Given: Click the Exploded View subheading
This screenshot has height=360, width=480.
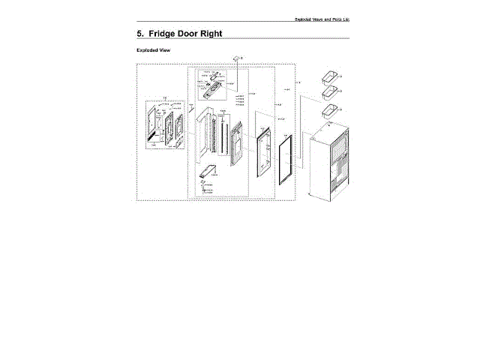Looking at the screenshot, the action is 154,51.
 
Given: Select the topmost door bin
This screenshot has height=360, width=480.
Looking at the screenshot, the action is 328,77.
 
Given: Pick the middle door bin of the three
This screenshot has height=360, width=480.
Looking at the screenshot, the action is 328,93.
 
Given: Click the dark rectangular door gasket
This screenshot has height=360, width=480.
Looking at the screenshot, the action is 286,161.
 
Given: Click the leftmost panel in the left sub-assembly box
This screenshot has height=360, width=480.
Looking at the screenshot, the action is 155,124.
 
